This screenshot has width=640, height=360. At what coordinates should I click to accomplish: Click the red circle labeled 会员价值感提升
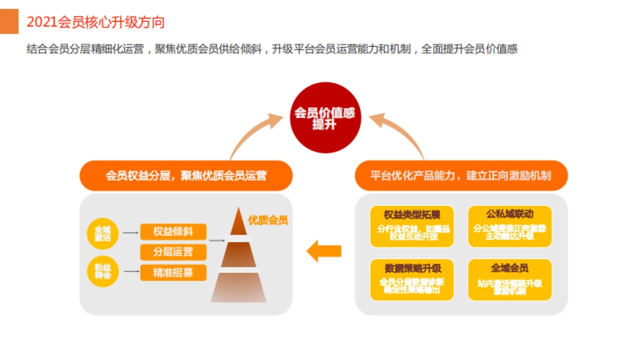pyautogui.click(x=325, y=118)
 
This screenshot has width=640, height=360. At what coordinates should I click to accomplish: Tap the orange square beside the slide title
pyautogui.click(x=9, y=21)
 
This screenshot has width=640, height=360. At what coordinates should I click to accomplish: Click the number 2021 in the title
pyautogui.click(x=42, y=22)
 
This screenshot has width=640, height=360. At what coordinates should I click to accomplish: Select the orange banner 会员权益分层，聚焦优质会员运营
pyautogui.click(x=186, y=175)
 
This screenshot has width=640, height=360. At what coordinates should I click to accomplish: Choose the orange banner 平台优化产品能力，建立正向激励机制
pyautogui.click(x=461, y=175)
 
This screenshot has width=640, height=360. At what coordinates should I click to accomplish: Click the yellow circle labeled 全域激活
pyautogui.click(x=102, y=233)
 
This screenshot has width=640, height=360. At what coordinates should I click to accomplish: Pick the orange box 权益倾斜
pyautogui.click(x=173, y=231)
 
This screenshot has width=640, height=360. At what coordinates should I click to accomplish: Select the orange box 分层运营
pyautogui.click(x=173, y=252)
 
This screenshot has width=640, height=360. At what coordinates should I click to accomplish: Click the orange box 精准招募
pyautogui.click(x=173, y=273)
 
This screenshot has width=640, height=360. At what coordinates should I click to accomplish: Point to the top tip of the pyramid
pyautogui.click(x=239, y=209)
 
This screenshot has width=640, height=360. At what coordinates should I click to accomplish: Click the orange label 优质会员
pyautogui.click(x=268, y=220)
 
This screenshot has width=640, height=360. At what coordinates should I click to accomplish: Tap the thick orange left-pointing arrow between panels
pyautogui.click(x=324, y=251)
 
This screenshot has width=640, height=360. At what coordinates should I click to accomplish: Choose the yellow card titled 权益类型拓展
pyautogui.click(x=412, y=226)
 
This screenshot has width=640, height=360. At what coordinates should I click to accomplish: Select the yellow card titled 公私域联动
pyautogui.click(x=509, y=226)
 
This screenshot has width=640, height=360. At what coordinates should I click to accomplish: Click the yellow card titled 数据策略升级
pyautogui.click(x=412, y=279)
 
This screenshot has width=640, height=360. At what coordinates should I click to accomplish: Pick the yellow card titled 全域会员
pyautogui.click(x=509, y=279)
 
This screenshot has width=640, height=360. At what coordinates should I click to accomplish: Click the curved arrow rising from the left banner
pyautogui.click(x=251, y=133)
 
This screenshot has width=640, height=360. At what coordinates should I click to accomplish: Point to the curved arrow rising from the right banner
pyautogui.click(x=400, y=133)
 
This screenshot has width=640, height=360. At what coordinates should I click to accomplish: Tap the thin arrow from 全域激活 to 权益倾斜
pyautogui.click(x=131, y=233)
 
